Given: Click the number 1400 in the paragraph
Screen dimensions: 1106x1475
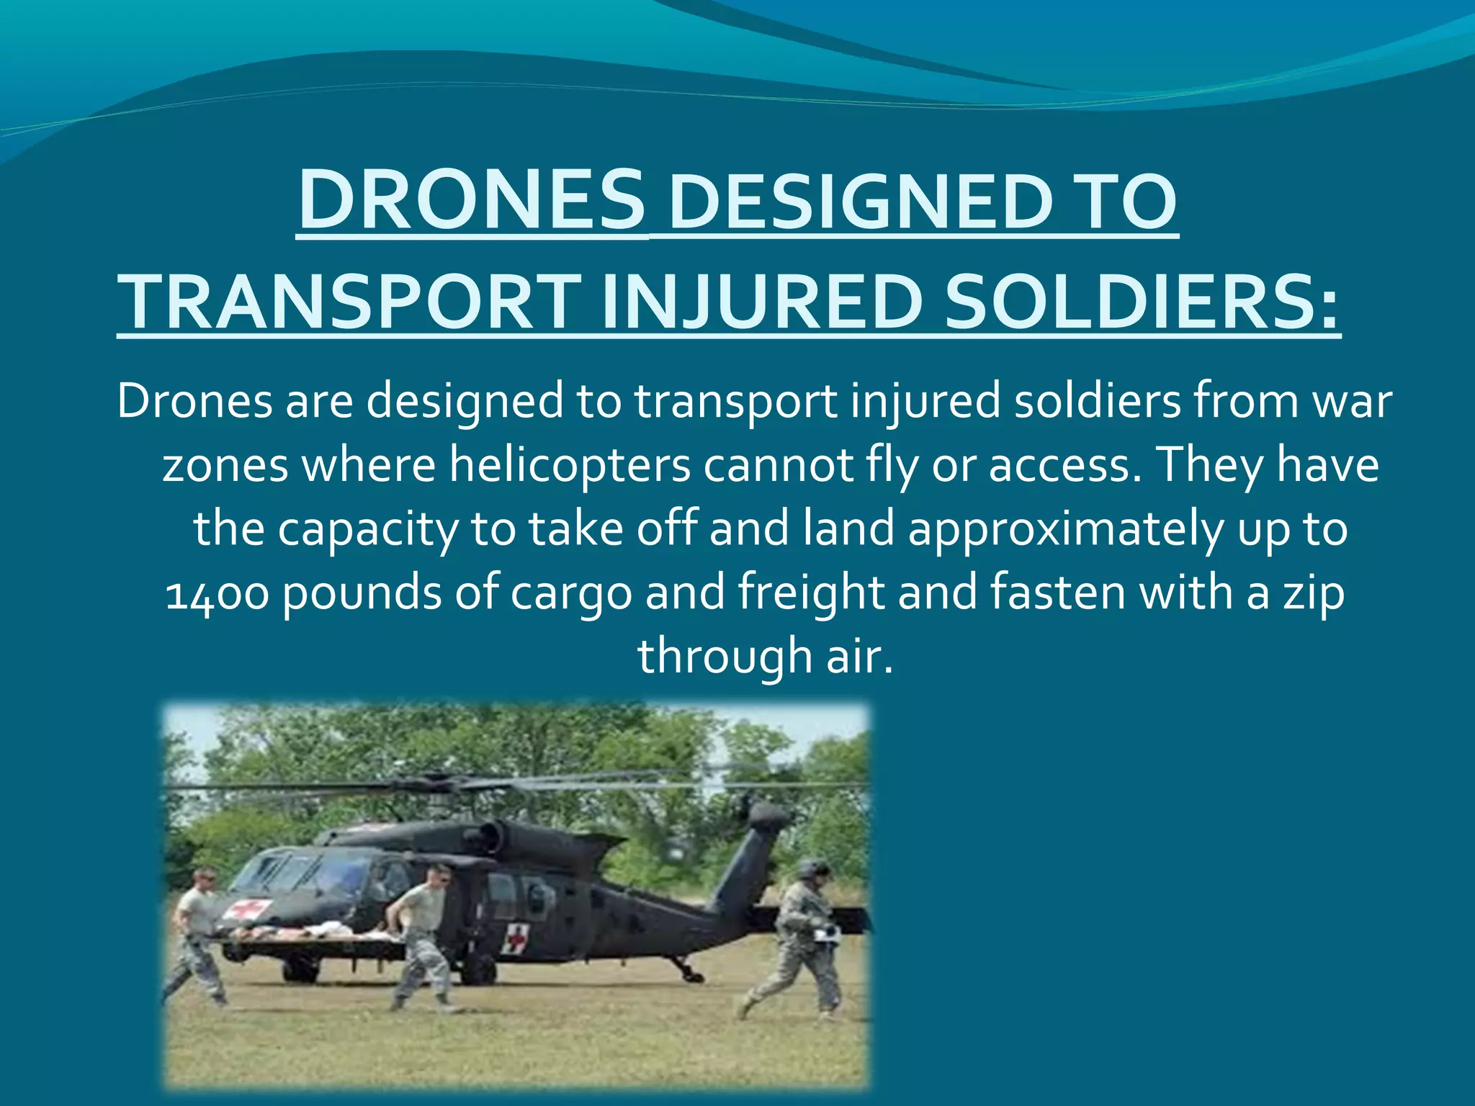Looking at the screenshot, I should (217, 593).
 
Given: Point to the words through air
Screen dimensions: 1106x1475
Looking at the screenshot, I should (765, 657).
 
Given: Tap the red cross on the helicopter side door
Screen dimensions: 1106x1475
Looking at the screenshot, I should (516, 938).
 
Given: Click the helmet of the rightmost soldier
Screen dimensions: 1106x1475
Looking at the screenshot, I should (812, 867).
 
